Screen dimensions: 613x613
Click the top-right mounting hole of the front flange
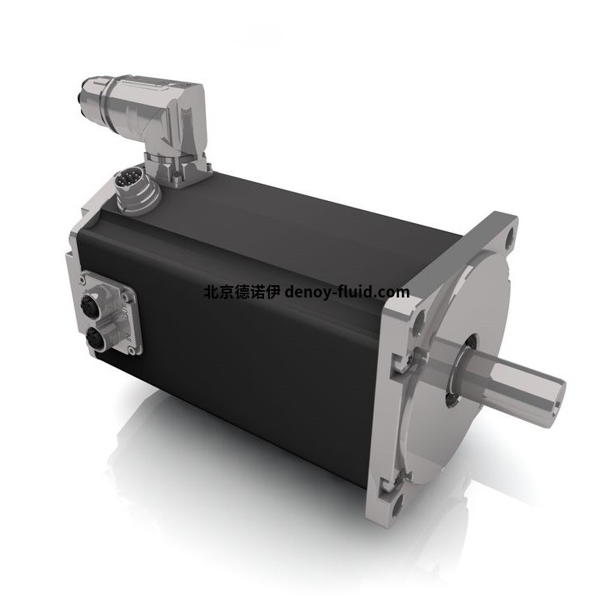(508, 239)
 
